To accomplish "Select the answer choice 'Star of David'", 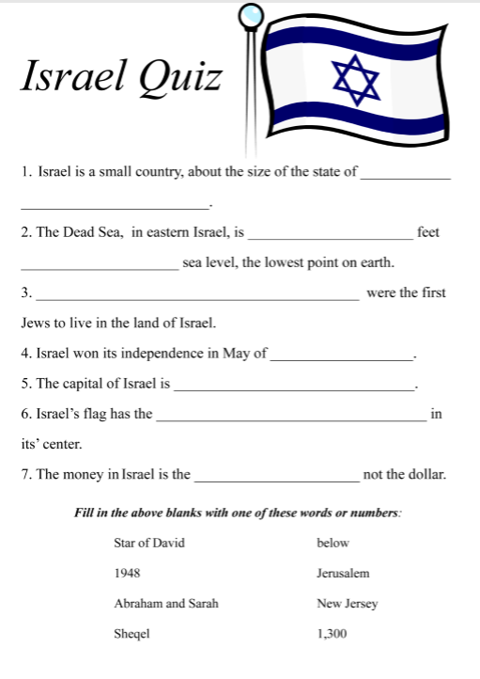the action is point(148,544).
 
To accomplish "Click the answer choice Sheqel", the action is point(132,634).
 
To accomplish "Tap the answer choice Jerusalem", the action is point(343,574).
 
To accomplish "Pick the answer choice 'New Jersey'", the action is point(347,604).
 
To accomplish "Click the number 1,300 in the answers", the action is point(332,634).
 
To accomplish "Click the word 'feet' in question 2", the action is point(427,232).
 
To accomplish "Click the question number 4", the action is point(24,355).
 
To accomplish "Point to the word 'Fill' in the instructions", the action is point(84,513).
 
